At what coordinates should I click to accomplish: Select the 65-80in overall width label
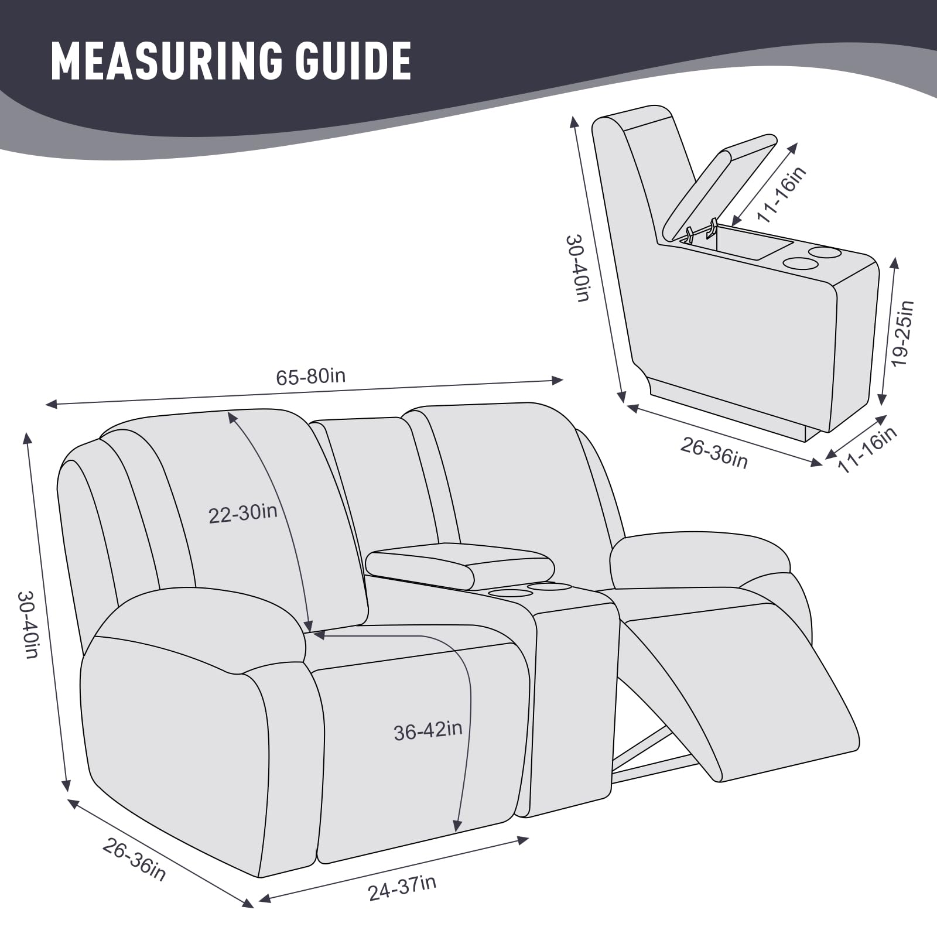311,376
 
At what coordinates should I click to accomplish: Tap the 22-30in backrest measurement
243,514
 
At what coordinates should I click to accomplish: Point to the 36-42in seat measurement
428,730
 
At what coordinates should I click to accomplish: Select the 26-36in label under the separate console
714,453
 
